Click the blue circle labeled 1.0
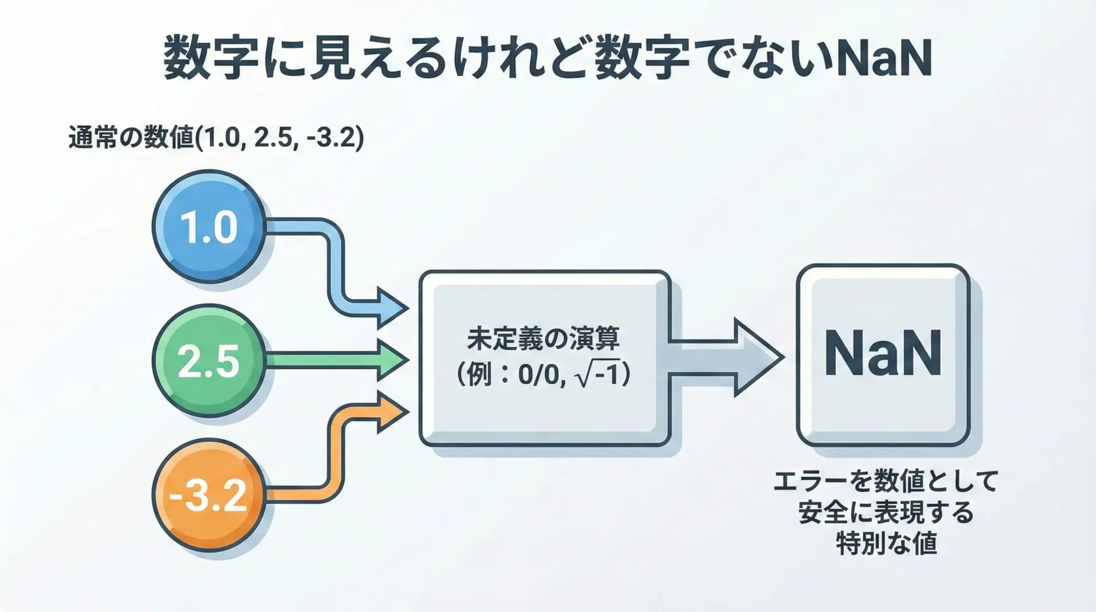[x=209, y=227]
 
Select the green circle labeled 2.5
[x=209, y=360]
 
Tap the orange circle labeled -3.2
[x=209, y=494]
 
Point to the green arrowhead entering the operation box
[x=393, y=360]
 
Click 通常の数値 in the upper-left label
[x=131, y=139]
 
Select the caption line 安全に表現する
[x=886, y=512]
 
